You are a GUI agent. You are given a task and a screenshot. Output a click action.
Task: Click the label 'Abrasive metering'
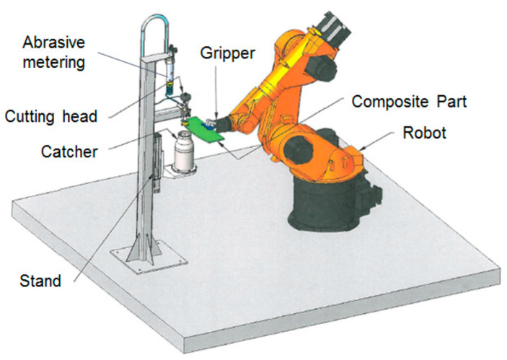(53, 52)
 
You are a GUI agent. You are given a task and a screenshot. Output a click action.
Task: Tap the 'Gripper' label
(228, 53)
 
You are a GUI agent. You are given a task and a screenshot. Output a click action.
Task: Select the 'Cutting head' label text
(50, 116)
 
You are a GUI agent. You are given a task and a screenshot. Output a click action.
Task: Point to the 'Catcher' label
(69, 152)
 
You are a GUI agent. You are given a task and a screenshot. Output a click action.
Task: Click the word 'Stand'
(40, 281)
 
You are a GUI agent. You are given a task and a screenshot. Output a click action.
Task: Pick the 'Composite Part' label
(409, 102)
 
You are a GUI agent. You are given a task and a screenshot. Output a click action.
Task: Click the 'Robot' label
(424, 133)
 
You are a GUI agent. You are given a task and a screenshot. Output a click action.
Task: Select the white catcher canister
(183, 152)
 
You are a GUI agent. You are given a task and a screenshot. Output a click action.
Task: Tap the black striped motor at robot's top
(332, 28)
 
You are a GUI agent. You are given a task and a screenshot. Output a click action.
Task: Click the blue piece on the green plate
(207, 126)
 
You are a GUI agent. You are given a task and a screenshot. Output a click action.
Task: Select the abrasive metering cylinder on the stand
(169, 75)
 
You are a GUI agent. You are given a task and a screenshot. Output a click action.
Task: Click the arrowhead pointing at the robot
(362, 148)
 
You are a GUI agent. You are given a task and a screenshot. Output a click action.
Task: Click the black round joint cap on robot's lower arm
(298, 149)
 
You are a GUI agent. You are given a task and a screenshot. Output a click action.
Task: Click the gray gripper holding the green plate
(211, 123)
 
